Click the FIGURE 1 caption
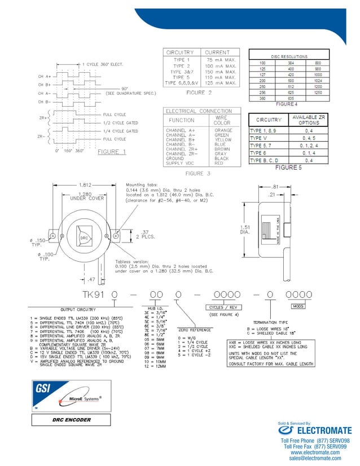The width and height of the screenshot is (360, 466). [112, 152]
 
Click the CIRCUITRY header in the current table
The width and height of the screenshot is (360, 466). [179, 52]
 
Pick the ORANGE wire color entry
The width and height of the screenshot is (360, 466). [223, 130]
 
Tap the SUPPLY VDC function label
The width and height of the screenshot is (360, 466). [180, 163]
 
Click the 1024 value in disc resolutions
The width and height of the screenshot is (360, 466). [318, 81]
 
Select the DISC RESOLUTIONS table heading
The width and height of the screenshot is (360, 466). [289, 56]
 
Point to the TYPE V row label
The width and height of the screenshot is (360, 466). [258, 138]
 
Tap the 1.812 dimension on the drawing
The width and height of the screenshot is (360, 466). [85, 185]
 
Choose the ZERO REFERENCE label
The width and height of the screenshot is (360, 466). [195, 329]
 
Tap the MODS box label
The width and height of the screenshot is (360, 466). [298, 306]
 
